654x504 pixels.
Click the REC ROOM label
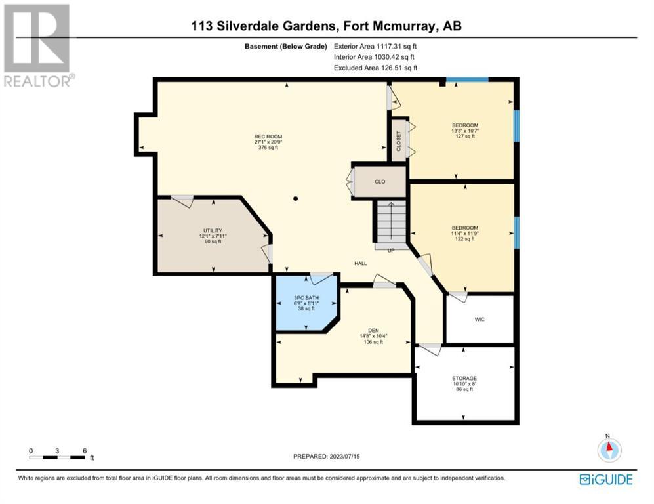click(268, 136)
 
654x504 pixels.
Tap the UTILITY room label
click(213, 230)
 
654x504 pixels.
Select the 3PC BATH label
click(306, 298)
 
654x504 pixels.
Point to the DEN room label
click(373, 331)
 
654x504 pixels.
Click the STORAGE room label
click(464, 378)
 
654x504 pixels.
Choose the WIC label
click(480, 319)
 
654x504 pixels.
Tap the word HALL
click(361, 263)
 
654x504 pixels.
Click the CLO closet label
click(380, 182)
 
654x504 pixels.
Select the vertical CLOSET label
click(398, 141)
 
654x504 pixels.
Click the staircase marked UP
click(391, 226)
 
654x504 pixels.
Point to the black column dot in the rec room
click(296, 199)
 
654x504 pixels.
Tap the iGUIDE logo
click(606, 479)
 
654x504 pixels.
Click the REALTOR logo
click(38, 45)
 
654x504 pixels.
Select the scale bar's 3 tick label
click(57, 451)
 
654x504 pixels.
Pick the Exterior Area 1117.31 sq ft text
click(375, 47)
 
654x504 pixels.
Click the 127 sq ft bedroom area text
click(465, 136)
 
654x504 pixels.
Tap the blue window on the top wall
click(467, 79)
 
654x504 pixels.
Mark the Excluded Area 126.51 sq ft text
click(375, 68)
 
